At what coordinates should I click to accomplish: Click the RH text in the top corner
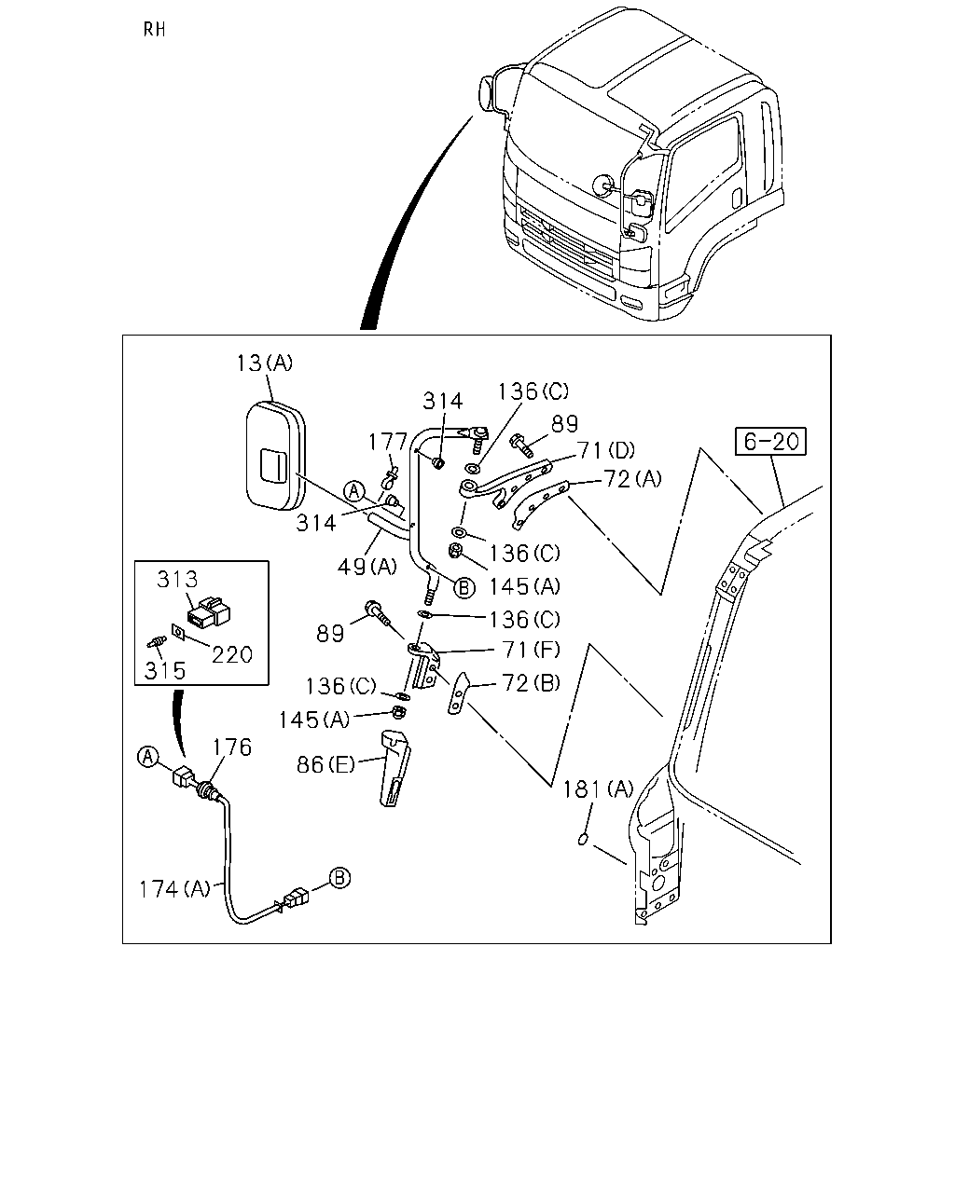coord(154,29)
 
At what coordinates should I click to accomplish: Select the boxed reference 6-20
coord(770,441)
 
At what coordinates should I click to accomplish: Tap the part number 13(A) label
coord(264,363)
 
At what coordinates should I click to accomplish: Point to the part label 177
coord(388,443)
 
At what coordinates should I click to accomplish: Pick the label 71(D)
coord(605,450)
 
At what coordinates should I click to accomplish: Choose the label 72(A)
coord(632,479)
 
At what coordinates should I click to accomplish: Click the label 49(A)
coord(367,567)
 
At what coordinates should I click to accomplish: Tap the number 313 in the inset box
coord(177,580)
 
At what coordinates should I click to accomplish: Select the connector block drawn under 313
coord(209,611)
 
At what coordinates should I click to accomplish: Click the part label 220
coord(232,654)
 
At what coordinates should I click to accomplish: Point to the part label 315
coord(165,671)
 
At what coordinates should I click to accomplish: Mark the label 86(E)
coord(325,765)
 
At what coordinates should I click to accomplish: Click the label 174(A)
coord(174,889)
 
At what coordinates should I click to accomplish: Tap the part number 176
coord(232,747)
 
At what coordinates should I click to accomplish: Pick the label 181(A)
coord(598,789)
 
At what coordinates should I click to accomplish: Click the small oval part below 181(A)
coord(582,840)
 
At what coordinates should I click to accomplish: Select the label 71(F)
coord(531,650)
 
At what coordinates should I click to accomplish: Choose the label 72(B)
coord(531,683)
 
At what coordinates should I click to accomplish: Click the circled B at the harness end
coord(339,878)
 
